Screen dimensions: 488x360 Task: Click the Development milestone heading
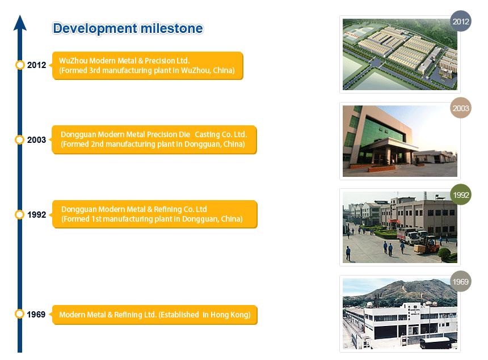point(128,28)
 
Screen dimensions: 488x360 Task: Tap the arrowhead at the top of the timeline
point(20,23)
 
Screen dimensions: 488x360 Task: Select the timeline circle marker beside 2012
point(20,65)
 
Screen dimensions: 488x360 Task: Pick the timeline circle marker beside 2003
point(20,140)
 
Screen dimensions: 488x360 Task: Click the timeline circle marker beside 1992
point(20,214)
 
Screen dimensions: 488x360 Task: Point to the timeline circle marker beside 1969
point(20,314)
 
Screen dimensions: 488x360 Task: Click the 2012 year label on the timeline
point(36,65)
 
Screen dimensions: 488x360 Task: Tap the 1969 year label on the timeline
point(36,315)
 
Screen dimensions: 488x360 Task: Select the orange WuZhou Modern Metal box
point(148,66)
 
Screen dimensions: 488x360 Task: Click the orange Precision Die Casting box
point(154,139)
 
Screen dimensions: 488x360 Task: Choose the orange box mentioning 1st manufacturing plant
point(155,214)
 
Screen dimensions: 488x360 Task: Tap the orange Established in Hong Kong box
point(155,315)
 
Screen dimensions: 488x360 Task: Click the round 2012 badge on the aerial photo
point(461,21)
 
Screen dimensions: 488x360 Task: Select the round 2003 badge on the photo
point(461,108)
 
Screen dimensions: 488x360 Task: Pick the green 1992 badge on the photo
point(461,194)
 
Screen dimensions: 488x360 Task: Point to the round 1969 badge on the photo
point(461,281)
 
